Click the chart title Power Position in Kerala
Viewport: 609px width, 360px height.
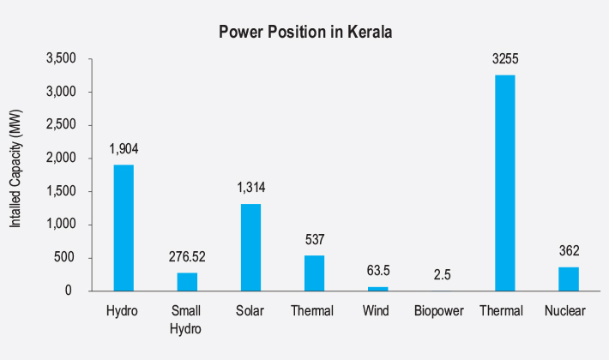(304, 33)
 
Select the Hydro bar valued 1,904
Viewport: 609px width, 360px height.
(124, 227)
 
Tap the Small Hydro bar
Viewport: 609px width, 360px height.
(187, 281)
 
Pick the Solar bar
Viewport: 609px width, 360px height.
(250, 247)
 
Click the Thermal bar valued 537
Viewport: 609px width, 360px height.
(314, 273)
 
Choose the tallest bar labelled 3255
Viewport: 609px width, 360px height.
(504, 183)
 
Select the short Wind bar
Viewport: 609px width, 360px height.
(377, 289)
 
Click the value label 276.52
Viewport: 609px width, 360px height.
(187, 256)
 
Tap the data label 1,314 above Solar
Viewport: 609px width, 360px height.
(250, 188)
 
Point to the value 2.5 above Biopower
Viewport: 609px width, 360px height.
(441, 274)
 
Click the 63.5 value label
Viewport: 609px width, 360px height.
(377, 271)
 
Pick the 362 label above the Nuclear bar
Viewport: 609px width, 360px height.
(568, 251)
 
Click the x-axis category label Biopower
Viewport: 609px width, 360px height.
(441, 310)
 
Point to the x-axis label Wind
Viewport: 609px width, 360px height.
(377, 310)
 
